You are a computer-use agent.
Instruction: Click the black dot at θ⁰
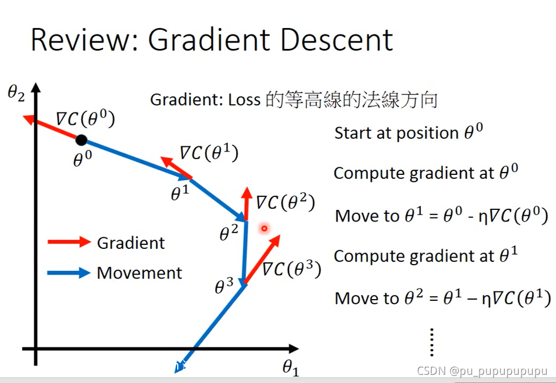click(x=82, y=139)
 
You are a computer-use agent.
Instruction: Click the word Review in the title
click(x=82, y=40)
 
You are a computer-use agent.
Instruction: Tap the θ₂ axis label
click(x=16, y=93)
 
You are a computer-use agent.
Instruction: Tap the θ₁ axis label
click(x=290, y=367)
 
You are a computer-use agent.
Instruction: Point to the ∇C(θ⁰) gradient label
click(x=86, y=119)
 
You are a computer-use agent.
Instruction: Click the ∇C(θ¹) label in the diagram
click(x=209, y=153)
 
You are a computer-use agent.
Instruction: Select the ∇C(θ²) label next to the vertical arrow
click(x=286, y=203)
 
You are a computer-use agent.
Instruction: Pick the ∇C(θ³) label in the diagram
click(x=291, y=269)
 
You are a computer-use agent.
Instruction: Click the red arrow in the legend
click(x=69, y=242)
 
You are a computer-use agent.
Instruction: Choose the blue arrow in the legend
click(x=69, y=272)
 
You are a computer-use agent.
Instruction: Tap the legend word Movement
click(x=139, y=273)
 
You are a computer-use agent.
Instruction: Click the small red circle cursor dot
click(x=264, y=229)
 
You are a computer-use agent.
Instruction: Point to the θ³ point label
click(x=224, y=286)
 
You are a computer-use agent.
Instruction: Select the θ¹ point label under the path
click(x=180, y=194)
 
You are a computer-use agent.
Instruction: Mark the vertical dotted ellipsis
click(x=432, y=342)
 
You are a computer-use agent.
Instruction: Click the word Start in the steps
click(x=353, y=133)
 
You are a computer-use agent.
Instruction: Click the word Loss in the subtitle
click(x=244, y=100)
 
